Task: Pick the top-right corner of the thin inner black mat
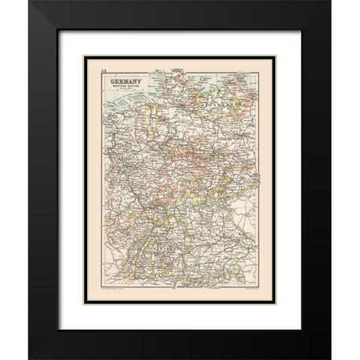(281, 46)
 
